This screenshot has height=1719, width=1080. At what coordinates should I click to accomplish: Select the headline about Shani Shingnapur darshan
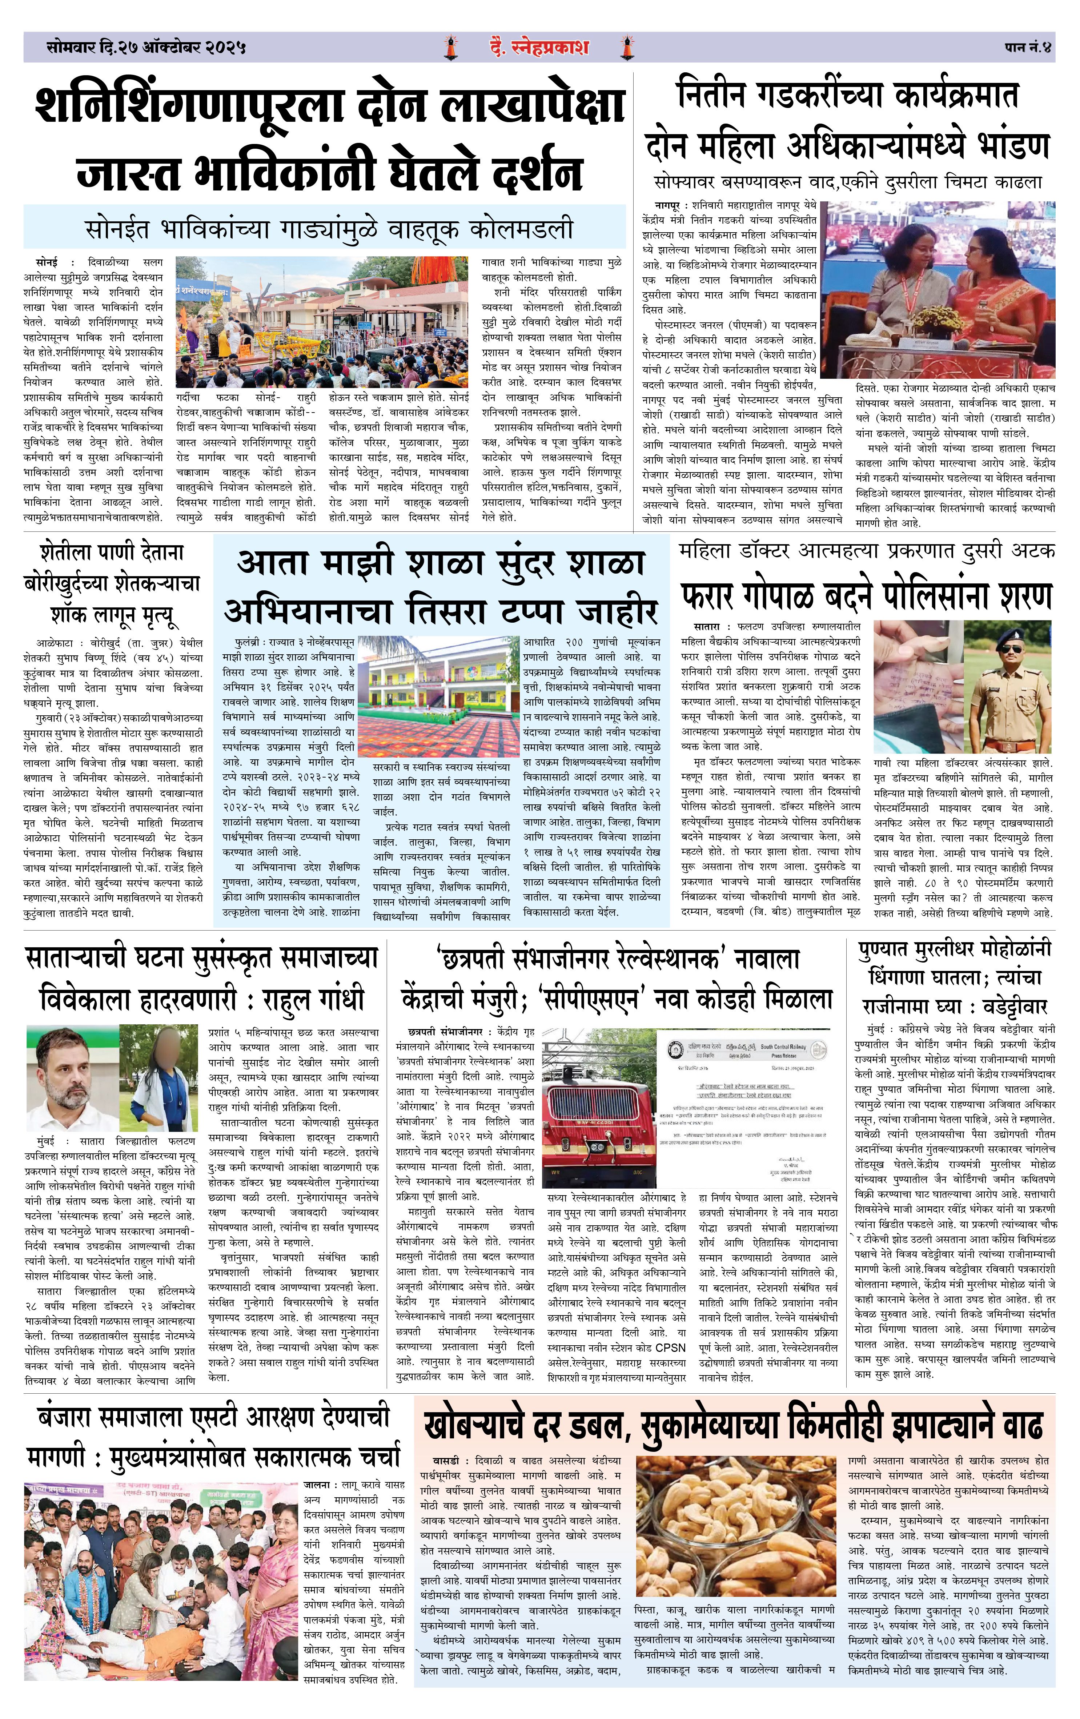pyautogui.click(x=328, y=139)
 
